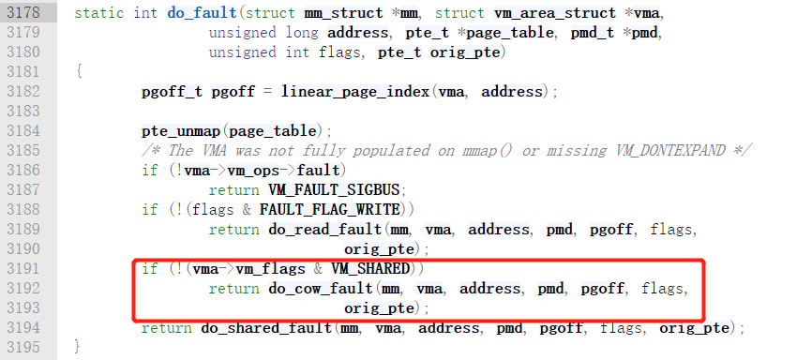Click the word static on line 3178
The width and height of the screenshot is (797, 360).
pyautogui.click(x=98, y=13)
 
